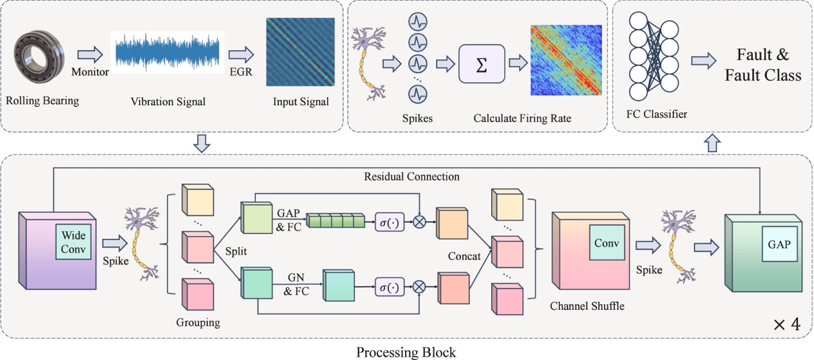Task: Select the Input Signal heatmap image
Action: tap(300, 52)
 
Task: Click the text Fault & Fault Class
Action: tap(763, 65)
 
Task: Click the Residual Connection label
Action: tap(411, 176)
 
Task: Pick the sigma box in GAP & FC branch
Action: tap(390, 222)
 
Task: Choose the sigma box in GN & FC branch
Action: tap(390, 287)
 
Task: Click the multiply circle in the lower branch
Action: tap(419, 287)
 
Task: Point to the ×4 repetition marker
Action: tap(786, 325)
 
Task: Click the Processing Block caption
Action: tap(406, 352)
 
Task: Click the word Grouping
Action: tap(198, 323)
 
